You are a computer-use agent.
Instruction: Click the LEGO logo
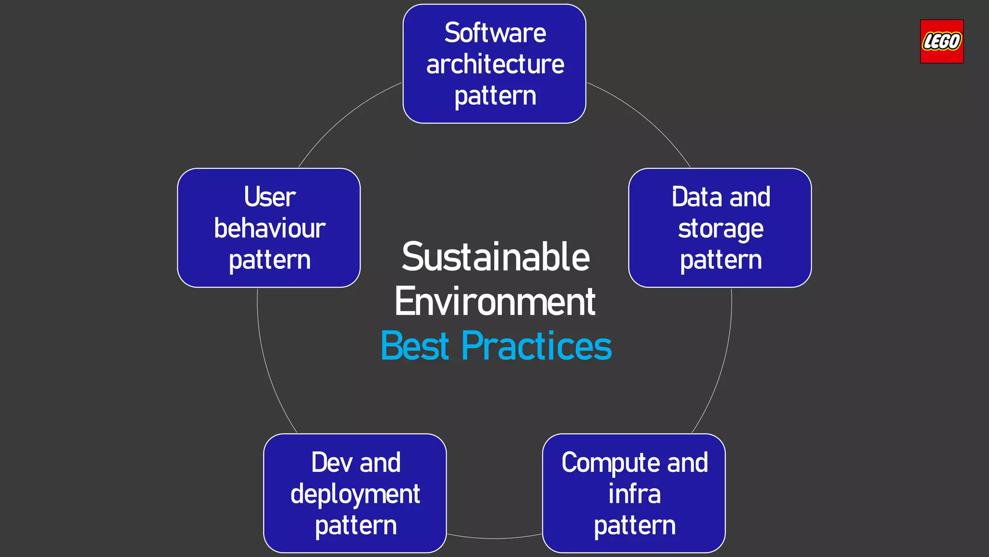pos(941,42)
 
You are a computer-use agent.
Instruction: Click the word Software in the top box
pos(495,33)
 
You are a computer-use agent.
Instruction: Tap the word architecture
pos(495,64)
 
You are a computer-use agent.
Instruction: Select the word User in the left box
pos(269,197)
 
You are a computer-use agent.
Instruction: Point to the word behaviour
pos(269,228)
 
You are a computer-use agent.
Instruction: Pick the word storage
pos(721,229)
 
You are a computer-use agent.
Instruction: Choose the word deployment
pos(355,495)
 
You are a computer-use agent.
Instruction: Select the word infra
pos(634,494)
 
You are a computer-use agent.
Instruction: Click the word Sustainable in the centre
pos(495,257)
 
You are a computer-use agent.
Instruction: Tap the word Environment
pos(495,302)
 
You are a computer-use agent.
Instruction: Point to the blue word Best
pos(415,346)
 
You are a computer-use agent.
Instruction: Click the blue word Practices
pos(537,346)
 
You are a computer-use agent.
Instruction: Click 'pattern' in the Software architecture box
pos(495,96)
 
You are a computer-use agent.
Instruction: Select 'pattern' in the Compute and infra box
pos(634,526)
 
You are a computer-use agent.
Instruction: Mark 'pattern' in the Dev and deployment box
pos(355,526)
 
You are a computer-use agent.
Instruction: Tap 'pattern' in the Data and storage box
pos(721,261)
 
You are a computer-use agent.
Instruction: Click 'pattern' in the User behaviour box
pos(269,261)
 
